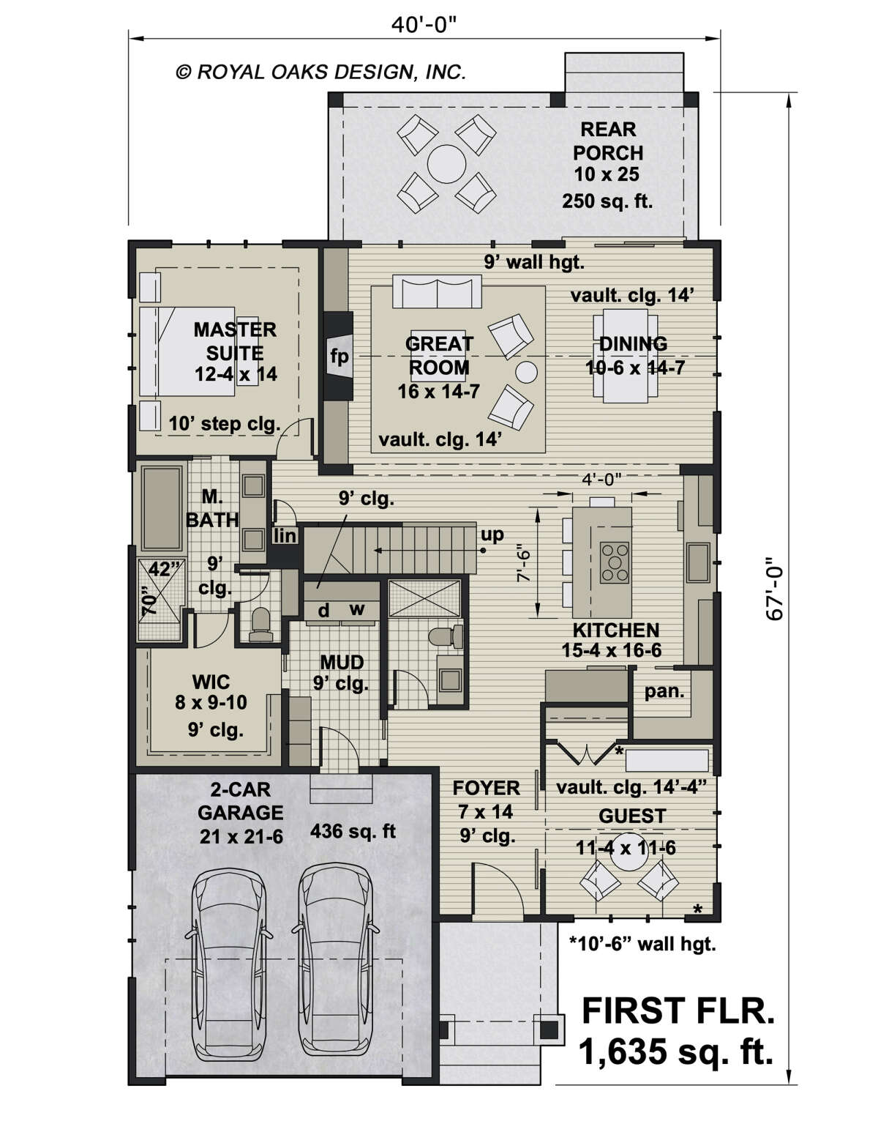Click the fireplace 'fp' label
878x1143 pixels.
[x=339, y=357]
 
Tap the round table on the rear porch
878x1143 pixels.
[x=443, y=160]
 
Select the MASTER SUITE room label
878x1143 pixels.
[x=235, y=340]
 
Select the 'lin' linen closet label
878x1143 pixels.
[x=285, y=536]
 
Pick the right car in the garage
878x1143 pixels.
[x=334, y=953]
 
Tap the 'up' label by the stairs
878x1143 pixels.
[x=492, y=535]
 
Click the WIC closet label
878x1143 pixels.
[x=210, y=682]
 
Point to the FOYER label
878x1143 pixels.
[x=486, y=788]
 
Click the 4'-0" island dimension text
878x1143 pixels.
[x=601, y=479]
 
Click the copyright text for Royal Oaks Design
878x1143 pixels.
[x=320, y=72]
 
